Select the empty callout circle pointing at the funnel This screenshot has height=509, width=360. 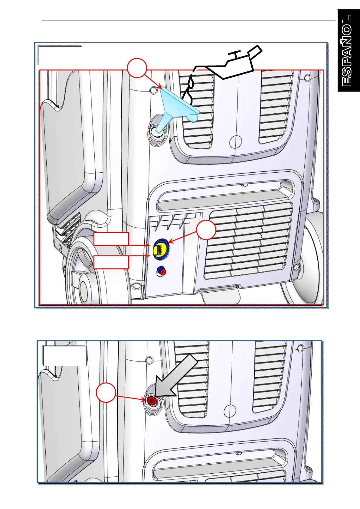coord(137,68)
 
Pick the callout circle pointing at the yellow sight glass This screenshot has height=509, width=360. coord(206,230)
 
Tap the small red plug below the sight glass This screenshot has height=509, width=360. coord(162,271)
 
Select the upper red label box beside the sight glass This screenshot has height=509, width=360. coord(111,238)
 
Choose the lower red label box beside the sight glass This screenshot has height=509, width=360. coord(111,262)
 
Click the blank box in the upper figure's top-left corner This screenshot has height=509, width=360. coord(60,56)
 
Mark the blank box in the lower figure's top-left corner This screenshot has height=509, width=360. coord(65,356)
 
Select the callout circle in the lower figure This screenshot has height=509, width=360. coord(106,393)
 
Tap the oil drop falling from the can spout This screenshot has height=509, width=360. coord(190,82)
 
